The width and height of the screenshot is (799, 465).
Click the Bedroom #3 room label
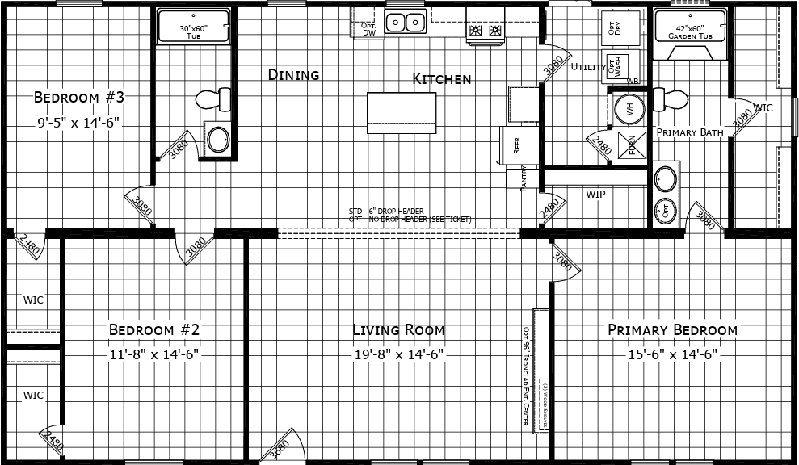point(79,98)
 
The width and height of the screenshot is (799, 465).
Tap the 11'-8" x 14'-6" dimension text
point(153,354)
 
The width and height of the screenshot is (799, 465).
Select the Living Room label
point(398,329)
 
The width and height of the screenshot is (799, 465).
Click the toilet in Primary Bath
point(670,99)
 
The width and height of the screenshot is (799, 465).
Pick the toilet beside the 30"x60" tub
point(208,99)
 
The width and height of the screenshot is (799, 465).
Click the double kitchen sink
point(405,23)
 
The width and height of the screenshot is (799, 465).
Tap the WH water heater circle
point(629,110)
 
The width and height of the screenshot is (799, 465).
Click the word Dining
point(293,74)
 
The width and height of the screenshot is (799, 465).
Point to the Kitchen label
point(441,78)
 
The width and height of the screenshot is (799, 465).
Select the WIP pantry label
point(595,195)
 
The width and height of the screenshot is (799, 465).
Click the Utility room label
point(587,67)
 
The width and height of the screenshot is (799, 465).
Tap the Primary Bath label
point(688,132)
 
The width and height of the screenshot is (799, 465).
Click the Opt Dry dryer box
point(612,27)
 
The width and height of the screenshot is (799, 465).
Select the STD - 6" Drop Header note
point(386,212)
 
